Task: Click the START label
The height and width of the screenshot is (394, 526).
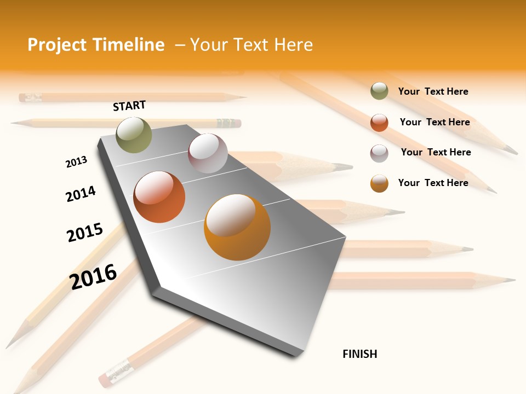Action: pyautogui.click(x=129, y=106)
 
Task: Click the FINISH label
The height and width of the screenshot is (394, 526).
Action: pyautogui.click(x=360, y=354)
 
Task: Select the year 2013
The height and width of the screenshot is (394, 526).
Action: pyautogui.click(x=76, y=162)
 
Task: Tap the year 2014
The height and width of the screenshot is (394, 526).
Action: pyautogui.click(x=81, y=194)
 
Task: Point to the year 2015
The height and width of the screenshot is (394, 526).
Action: pyautogui.click(x=85, y=233)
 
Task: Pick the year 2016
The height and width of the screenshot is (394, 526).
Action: pyautogui.click(x=93, y=276)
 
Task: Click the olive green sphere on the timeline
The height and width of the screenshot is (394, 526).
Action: pyautogui.click(x=134, y=135)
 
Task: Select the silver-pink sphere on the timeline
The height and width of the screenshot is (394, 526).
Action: pyautogui.click(x=208, y=153)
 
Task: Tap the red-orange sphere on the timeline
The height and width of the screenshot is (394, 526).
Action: pyautogui.click(x=159, y=197)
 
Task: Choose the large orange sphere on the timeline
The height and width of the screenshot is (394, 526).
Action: pyautogui.click(x=237, y=227)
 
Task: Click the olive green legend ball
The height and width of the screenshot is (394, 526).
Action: pyautogui.click(x=379, y=91)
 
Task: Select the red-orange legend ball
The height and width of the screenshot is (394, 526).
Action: pyautogui.click(x=379, y=123)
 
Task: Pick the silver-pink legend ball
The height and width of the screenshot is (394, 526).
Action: pyautogui.click(x=379, y=153)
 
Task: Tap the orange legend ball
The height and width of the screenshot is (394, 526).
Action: pyautogui.click(x=379, y=183)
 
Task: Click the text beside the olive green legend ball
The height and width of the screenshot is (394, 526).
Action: pyautogui.click(x=433, y=91)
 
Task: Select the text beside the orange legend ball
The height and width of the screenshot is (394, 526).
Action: pyautogui.click(x=433, y=183)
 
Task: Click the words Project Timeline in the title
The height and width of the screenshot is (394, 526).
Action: pyautogui.click(x=96, y=45)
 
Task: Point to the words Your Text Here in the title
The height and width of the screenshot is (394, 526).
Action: pyautogui.click(x=251, y=45)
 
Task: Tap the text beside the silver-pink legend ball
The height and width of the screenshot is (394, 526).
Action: pyautogui.click(x=436, y=152)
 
